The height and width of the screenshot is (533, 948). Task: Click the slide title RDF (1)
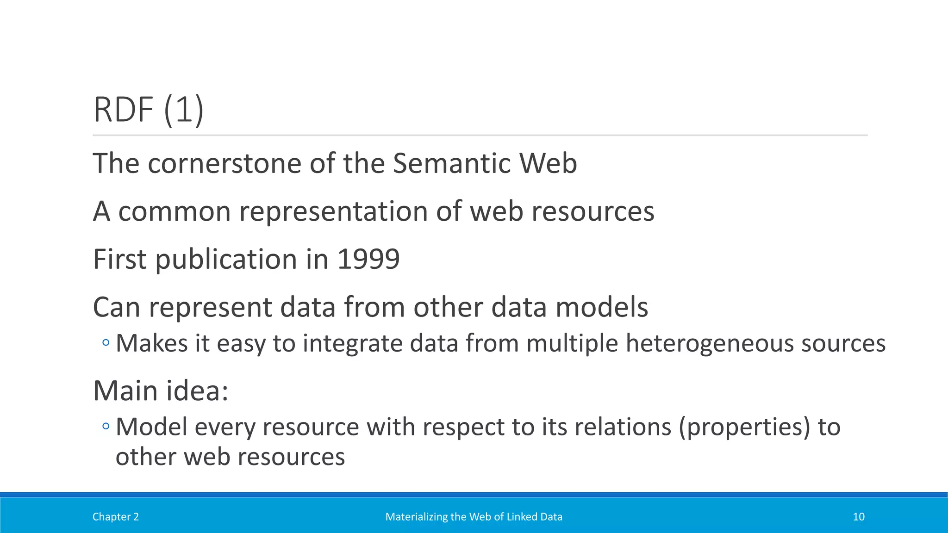[148, 110]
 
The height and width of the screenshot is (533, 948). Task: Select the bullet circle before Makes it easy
[106, 343]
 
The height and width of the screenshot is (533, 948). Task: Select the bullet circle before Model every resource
[106, 426]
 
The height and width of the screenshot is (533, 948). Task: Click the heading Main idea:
[161, 391]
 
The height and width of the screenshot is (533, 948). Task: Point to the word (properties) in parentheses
[744, 427]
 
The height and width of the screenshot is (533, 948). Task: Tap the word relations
[623, 427]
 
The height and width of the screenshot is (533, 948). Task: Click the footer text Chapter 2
[115, 517]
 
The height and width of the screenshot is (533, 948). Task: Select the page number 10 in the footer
[858, 517]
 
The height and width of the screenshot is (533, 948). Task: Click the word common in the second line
[175, 211]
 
